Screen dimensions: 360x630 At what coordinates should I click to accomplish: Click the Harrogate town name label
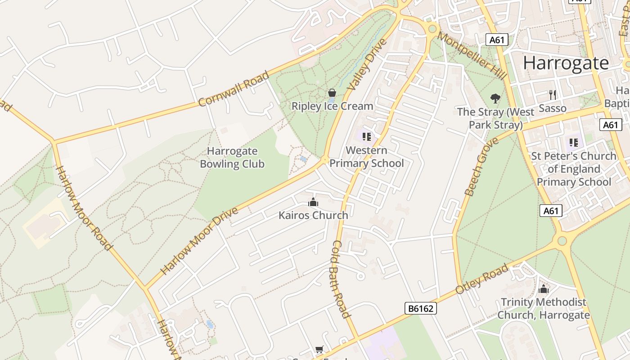(x=566, y=63)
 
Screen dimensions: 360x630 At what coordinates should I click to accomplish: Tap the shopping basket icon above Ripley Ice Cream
(x=332, y=93)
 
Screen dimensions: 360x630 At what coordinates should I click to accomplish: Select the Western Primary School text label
(x=367, y=157)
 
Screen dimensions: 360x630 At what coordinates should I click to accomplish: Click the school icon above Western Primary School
(x=366, y=136)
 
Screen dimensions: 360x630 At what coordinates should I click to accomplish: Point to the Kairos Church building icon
(x=313, y=202)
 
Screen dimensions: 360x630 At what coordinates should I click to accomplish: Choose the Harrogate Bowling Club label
(x=232, y=157)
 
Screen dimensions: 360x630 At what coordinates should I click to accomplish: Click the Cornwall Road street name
(x=234, y=89)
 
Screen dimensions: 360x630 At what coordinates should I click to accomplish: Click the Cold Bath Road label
(x=341, y=279)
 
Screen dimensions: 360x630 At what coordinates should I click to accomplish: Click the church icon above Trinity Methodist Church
(x=544, y=289)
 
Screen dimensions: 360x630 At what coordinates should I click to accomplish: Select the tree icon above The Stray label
(x=495, y=98)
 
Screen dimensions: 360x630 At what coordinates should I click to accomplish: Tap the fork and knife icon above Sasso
(x=553, y=95)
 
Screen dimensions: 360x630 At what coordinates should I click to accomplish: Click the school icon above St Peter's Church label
(x=573, y=143)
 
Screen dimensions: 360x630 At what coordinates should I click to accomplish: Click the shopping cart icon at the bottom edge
(x=319, y=350)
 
